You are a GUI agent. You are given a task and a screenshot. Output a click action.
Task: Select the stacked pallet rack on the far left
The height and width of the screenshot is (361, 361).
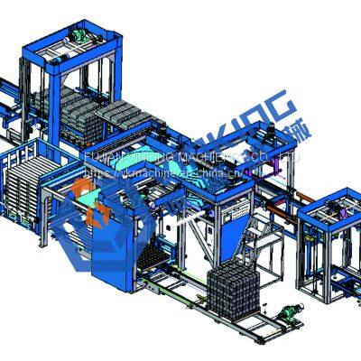[x=27, y=186]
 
